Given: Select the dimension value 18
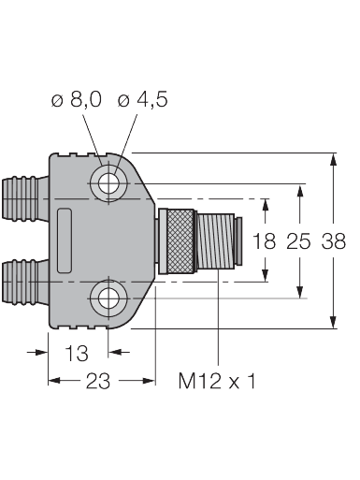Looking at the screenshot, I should (x=265, y=241).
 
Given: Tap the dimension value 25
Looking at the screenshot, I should (x=298, y=241).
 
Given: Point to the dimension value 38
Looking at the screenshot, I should (x=334, y=241).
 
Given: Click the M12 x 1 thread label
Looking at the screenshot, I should (x=217, y=382).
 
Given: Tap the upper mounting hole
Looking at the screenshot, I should (x=109, y=182).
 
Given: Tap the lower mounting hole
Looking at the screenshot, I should (x=109, y=299).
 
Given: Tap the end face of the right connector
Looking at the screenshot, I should (x=241, y=240).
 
